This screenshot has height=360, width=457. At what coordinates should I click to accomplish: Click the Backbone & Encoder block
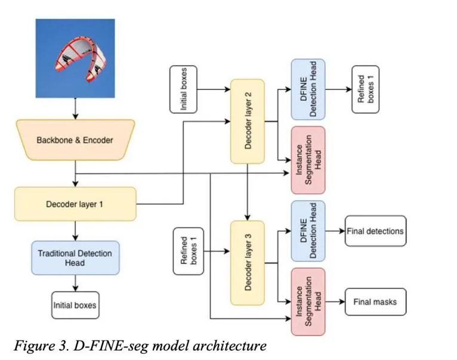pyautogui.click(x=76, y=140)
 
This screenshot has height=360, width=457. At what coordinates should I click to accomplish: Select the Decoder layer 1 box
pyautogui.click(x=75, y=204)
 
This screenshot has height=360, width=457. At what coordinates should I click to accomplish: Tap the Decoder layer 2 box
pyautogui.click(x=248, y=121)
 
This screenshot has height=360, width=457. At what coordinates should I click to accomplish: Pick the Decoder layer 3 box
pyautogui.click(x=248, y=263)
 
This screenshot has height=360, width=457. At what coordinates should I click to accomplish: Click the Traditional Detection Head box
pyautogui.click(x=75, y=257)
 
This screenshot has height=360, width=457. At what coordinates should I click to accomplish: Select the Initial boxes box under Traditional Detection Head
pyautogui.click(x=75, y=305)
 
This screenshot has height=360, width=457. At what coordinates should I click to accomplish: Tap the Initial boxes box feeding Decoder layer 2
pyautogui.click(x=183, y=89)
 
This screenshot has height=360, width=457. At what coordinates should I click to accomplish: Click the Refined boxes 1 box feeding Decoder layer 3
pyautogui.click(x=189, y=251)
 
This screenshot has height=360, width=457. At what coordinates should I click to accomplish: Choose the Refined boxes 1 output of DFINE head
pyautogui.click(x=366, y=89)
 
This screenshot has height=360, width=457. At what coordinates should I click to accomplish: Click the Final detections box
pyautogui.click(x=375, y=231)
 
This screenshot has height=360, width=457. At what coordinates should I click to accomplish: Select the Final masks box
pyautogui.click(x=375, y=302)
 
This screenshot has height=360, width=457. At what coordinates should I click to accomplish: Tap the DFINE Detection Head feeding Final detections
pyautogui.click(x=308, y=231)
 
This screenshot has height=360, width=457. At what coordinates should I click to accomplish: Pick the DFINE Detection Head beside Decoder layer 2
pyautogui.click(x=308, y=89)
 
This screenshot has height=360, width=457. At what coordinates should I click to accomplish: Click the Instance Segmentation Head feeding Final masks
pyautogui.click(x=308, y=302)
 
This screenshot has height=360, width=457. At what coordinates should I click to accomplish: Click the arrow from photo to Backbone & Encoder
pyautogui.click(x=76, y=108)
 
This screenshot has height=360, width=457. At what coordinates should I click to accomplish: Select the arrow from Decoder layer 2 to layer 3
pyautogui.click(x=248, y=193)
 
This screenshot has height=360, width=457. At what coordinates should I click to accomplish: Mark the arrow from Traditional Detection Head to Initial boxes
pyautogui.click(x=76, y=283)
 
